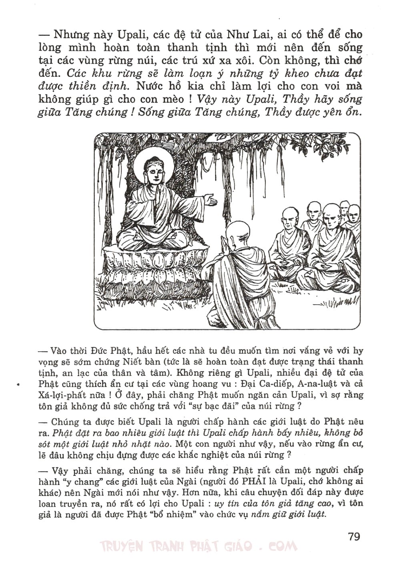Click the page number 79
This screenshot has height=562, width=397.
354,536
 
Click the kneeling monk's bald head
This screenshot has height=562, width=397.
237,231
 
